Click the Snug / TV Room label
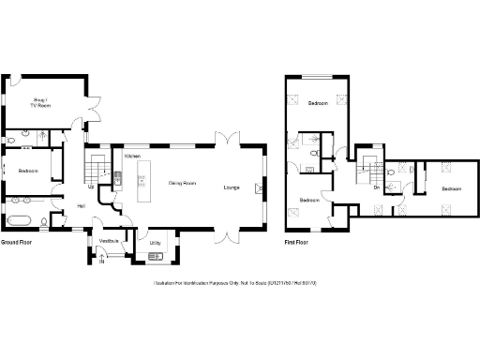point(40,103)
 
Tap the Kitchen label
point(132,156)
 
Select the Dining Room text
point(182,183)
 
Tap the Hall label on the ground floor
point(81,206)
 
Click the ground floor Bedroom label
point(27,170)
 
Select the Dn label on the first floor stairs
point(376,188)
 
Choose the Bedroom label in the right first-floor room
point(452,188)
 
